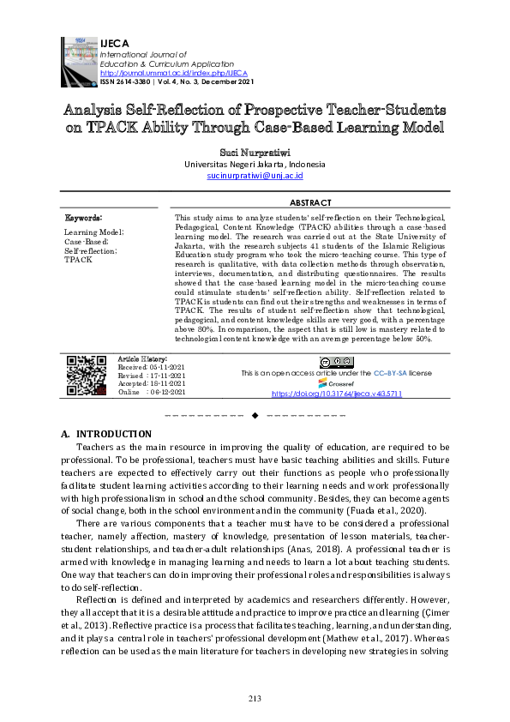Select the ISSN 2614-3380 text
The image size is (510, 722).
click(x=126, y=81)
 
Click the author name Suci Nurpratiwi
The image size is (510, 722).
click(x=255, y=150)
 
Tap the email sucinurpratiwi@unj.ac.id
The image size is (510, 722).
click(x=255, y=175)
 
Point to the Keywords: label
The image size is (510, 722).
click(x=83, y=220)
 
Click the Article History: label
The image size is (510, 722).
click(x=141, y=358)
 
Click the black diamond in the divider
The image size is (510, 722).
click(x=255, y=416)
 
